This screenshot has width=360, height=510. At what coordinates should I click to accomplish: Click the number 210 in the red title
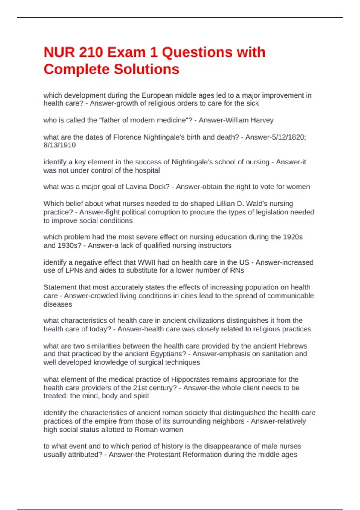pos(90,52)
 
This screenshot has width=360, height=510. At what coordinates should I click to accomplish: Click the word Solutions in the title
pos(146,69)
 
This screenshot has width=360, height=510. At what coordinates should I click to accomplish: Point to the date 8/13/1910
pos(60,145)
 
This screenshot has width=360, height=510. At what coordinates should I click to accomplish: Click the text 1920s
pos(293,237)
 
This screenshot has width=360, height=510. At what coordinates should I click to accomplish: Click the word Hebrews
pos(293,346)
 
